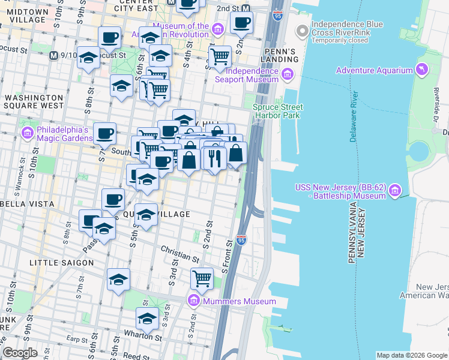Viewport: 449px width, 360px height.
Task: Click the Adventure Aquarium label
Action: coord(374,70)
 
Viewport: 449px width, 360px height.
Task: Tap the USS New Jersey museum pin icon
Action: coord(395,191)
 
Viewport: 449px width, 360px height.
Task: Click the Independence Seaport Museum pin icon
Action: coord(288,74)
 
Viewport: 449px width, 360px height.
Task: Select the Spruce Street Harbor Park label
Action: coord(277,112)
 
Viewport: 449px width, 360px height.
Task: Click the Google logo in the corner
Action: coord(20,353)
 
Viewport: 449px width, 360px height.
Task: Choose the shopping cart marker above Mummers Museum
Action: coord(202,278)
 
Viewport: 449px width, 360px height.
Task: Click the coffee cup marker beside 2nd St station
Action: coord(241,23)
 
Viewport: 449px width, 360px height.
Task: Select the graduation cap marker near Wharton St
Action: coord(147,318)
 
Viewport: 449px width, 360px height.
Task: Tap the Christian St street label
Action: coord(179,254)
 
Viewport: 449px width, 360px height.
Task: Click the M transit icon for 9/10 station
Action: coord(53,56)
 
